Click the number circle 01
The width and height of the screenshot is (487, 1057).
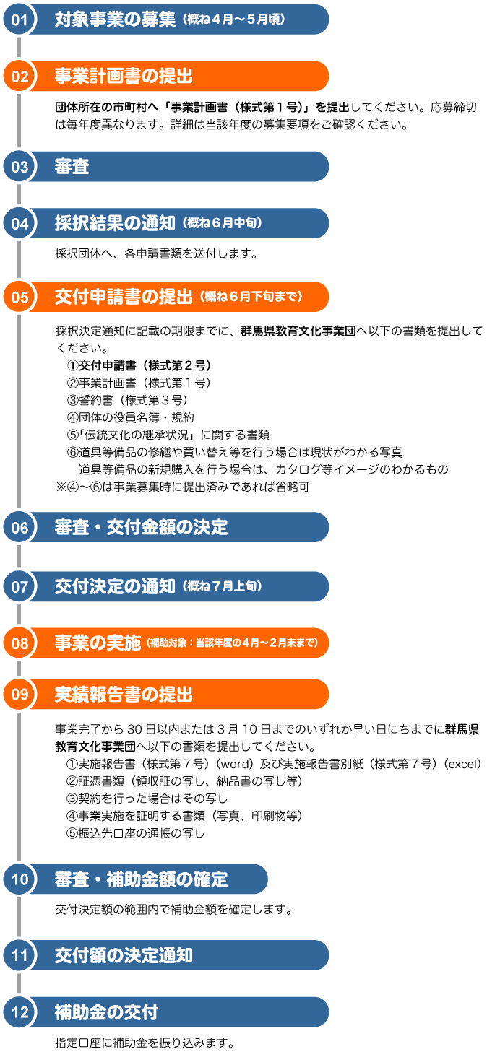pyautogui.click(x=20, y=19)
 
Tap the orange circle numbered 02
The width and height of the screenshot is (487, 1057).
pyautogui.click(x=20, y=77)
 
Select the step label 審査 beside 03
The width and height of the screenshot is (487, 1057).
pyautogui.click(x=72, y=167)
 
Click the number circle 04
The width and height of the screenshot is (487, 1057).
pyautogui.click(x=20, y=224)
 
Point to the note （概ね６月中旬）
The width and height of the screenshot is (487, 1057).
pyautogui.click(x=222, y=224)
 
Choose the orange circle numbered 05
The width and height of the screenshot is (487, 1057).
pyautogui.click(x=20, y=297)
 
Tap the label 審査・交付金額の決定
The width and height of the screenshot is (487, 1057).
pyautogui.click(x=141, y=528)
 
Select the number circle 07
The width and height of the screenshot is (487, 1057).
pyautogui.click(x=20, y=587)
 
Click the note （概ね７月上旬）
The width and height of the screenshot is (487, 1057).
pyautogui.click(x=222, y=587)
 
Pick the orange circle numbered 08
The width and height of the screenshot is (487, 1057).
pyautogui.click(x=20, y=643)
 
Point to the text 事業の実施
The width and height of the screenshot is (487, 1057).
pyautogui.click(x=98, y=643)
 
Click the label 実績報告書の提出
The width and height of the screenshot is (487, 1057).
pyautogui.click(x=124, y=695)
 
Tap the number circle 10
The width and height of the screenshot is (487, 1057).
pyautogui.click(x=20, y=879)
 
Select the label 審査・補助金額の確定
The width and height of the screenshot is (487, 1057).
pyautogui.click(x=141, y=879)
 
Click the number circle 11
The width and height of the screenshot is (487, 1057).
pyautogui.click(x=20, y=956)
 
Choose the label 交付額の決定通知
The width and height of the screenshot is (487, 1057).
pyautogui.click(x=124, y=956)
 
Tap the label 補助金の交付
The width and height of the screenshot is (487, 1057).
pyautogui.click(x=106, y=1012)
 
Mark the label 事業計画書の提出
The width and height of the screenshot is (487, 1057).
pyautogui.click(x=124, y=77)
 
